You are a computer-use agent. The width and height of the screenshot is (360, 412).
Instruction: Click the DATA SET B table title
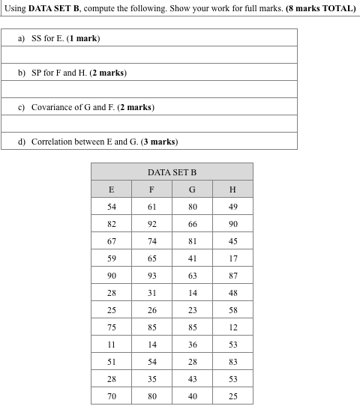[x=172, y=172]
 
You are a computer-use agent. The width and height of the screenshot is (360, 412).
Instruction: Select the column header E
[x=111, y=190]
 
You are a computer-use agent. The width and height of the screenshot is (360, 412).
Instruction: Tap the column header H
[x=232, y=190]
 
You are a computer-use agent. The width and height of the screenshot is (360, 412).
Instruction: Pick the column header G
[x=192, y=190]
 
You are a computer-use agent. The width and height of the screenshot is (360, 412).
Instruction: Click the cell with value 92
[x=152, y=224]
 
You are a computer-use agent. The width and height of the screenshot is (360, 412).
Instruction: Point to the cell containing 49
[x=232, y=207]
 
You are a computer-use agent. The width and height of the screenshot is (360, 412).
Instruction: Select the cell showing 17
[x=232, y=258]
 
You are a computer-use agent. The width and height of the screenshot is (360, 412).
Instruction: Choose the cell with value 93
[x=152, y=276]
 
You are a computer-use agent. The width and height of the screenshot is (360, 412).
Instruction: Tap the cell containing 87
[x=232, y=276]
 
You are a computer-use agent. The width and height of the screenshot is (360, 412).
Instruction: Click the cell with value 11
[x=111, y=345]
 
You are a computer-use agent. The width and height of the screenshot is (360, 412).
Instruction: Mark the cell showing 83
[x=232, y=362]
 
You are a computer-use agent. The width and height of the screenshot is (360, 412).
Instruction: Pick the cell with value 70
[x=111, y=396]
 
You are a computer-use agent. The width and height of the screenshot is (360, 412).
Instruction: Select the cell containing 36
[x=192, y=345]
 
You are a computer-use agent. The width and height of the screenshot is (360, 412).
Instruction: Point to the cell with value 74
[x=152, y=241]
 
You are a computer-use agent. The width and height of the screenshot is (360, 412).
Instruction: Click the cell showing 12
[x=232, y=327]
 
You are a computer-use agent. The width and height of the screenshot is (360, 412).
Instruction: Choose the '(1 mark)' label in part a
[x=83, y=38]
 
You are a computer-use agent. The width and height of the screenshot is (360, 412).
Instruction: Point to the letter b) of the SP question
[x=22, y=73]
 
